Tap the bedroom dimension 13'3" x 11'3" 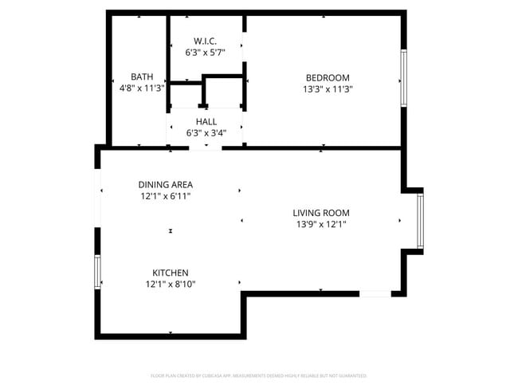328,89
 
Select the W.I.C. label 206,41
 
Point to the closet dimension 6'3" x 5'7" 206,53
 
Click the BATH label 142,77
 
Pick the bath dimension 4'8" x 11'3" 142,88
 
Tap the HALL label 206,121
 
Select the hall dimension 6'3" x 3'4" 206,133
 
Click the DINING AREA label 166,184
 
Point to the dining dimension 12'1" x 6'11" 166,196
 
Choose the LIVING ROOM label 321,213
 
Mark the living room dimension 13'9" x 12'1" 321,225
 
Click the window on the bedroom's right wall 404,78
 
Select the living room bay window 421,221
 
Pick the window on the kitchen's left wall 98,272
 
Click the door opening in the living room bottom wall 375,294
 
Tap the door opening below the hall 206,147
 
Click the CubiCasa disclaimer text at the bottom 259,375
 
